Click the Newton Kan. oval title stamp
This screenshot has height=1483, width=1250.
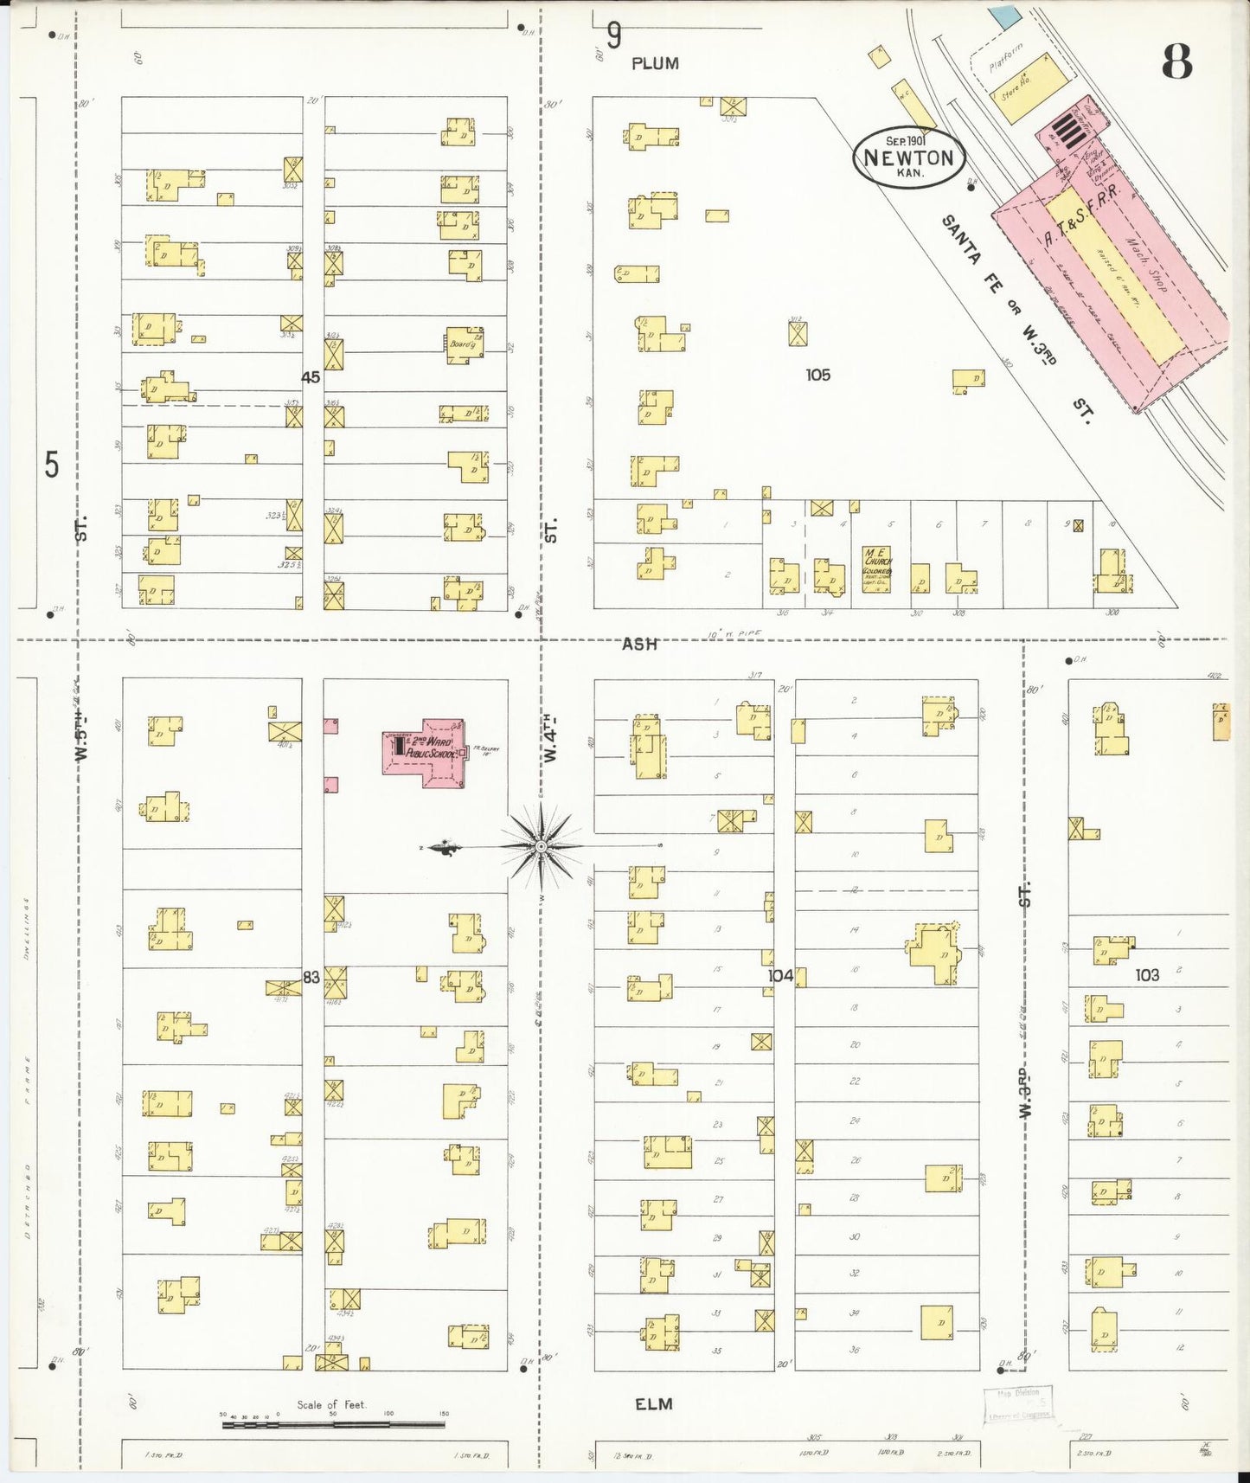(x=908, y=158)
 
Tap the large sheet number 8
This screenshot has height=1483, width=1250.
(x=1176, y=61)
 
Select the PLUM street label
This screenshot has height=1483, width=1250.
(x=655, y=63)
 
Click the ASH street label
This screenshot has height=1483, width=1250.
(x=639, y=644)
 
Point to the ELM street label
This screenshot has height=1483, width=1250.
(x=654, y=1404)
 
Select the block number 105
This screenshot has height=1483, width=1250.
(x=817, y=375)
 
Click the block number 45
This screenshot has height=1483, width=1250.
(x=311, y=377)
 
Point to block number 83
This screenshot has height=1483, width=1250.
(x=311, y=977)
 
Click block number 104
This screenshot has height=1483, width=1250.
(x=780, y=976)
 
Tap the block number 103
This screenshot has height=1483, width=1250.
(x=1147, y=975)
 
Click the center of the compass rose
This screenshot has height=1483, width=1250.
(x=541, y=846)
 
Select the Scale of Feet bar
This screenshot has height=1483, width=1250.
(x=333, y=1423)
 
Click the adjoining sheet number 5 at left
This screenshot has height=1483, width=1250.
(x=52, y=465)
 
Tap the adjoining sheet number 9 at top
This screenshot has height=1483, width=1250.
(x=614, y=35)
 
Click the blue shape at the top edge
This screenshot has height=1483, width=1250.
(x=1005, y=15)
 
